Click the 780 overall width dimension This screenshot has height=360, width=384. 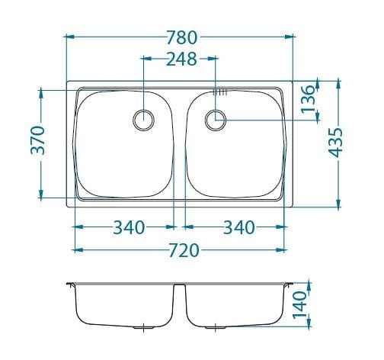[x=181, y=37]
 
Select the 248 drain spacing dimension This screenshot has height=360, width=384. [x=181, y=59]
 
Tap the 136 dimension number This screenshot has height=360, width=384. [x=307, y=99]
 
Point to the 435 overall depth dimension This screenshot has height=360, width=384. [x=335, y=143]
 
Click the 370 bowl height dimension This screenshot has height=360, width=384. [x=37, y=140]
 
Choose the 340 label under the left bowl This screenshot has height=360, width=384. [x=129, y=227]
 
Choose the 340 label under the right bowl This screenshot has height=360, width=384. [x=238, y=227]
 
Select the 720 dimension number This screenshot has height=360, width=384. [x=184, y=250]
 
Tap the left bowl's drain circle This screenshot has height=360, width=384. [x=144, y=111]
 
